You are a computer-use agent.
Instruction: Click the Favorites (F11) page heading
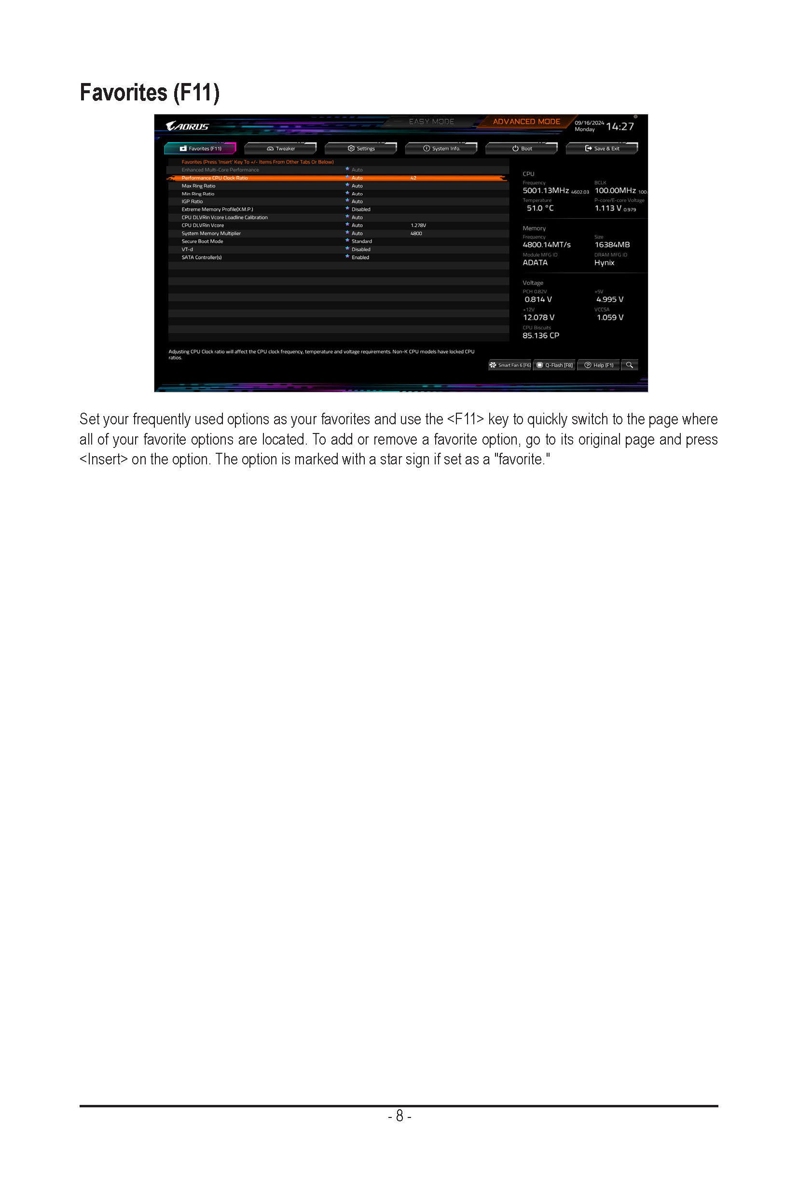tap(150, 93)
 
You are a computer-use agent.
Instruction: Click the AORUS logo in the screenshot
tap(187, 126)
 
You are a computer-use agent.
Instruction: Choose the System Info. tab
tap(441, 149)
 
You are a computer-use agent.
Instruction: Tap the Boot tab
tap(522, 149)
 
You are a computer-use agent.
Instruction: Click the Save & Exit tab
tap(602, 149)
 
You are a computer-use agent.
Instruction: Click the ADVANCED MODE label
tap(526, 122)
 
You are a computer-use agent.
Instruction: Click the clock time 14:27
tap(620, 126)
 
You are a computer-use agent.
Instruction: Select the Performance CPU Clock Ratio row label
tap(214, 178)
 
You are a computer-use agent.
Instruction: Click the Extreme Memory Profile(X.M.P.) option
tap(217, 209)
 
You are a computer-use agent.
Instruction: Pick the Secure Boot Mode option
tap(202, 241)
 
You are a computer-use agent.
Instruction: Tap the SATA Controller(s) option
tap(202, 258)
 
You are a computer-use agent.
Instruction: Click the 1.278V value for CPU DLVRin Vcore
tap(418, 225)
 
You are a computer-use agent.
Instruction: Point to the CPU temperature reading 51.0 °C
tap(540, 208)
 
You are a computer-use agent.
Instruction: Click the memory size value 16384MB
tap(612, 245)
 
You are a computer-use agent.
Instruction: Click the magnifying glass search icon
tap(630, 365)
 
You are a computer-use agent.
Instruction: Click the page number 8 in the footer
tap(399, 1116)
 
